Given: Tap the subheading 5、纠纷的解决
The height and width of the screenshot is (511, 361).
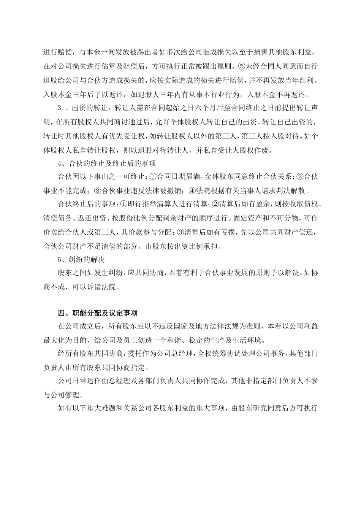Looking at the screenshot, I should [81, 260].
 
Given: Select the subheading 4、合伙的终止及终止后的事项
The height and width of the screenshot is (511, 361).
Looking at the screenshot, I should [107, 163].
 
